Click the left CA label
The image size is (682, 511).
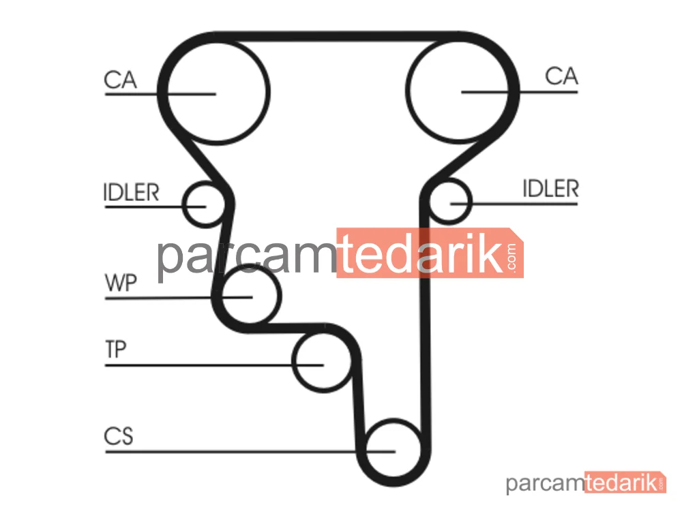[121, 80]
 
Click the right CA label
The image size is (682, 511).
[561, 76]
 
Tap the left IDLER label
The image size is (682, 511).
[132, 193]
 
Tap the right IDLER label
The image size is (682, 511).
[550, 189]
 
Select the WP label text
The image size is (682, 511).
[121, 283]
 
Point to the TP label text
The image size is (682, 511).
[116, 350]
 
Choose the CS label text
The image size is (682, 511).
[118, 436]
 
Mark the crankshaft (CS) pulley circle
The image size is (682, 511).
[366, 448]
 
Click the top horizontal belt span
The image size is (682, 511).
[338, 37]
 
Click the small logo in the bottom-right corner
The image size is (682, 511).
[586, 482]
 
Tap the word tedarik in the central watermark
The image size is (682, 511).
[420, 253]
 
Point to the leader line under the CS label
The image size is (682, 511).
[250, 452]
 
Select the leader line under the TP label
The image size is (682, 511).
[214, 365]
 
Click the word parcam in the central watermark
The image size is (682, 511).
[247, 258]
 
